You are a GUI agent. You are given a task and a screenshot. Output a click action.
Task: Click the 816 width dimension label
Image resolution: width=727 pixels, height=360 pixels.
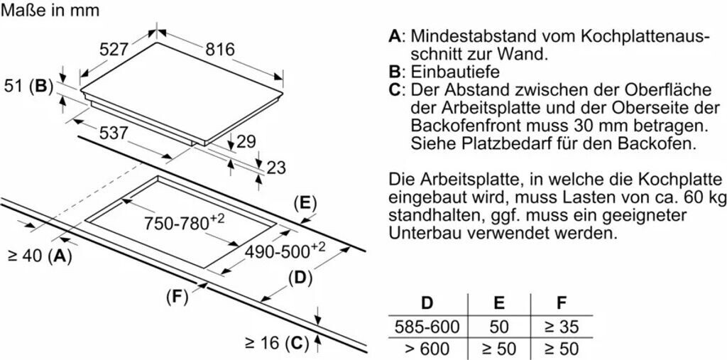click(x=220, y=50)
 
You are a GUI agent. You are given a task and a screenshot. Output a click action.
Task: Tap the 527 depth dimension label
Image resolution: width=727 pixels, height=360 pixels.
click(x=114, y=50)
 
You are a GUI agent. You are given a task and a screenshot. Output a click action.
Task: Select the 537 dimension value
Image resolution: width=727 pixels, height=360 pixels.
click(x=113, y=133)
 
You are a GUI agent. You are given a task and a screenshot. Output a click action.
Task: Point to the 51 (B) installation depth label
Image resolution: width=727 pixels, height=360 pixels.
click(x=29, y=87)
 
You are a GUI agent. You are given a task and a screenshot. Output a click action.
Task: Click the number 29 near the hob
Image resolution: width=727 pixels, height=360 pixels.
click(x=246, y=142)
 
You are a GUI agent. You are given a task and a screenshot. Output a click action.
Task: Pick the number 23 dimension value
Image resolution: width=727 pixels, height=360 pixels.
click(x=276, y=168)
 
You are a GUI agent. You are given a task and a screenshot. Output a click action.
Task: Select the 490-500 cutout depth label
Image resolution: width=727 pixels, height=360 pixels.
click(x=285, y=251)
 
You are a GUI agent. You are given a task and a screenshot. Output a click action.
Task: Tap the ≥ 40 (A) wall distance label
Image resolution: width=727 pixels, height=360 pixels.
click(x=40, y=257)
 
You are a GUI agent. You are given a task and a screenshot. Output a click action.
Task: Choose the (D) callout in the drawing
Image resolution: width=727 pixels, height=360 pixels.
click(x=300, y=278)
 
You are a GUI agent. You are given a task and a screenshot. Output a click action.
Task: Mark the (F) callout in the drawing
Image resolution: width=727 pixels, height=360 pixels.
click(x=177, y=297)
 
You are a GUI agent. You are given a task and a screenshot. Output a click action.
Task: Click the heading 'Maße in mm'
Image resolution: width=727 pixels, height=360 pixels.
click(x=50, y=11)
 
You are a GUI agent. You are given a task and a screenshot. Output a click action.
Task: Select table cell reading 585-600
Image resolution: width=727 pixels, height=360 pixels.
click(x=427, y=327)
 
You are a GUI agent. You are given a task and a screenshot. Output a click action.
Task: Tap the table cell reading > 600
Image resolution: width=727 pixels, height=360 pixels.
click(x=427, y=349)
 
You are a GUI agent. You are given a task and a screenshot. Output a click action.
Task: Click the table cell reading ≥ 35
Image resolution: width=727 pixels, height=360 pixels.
click(x=561, y=327)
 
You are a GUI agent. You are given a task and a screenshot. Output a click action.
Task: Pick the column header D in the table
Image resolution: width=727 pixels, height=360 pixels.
click(x=427, y=303)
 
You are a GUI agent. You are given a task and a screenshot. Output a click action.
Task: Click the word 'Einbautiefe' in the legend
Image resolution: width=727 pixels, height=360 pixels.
click(x=455, y=72)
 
